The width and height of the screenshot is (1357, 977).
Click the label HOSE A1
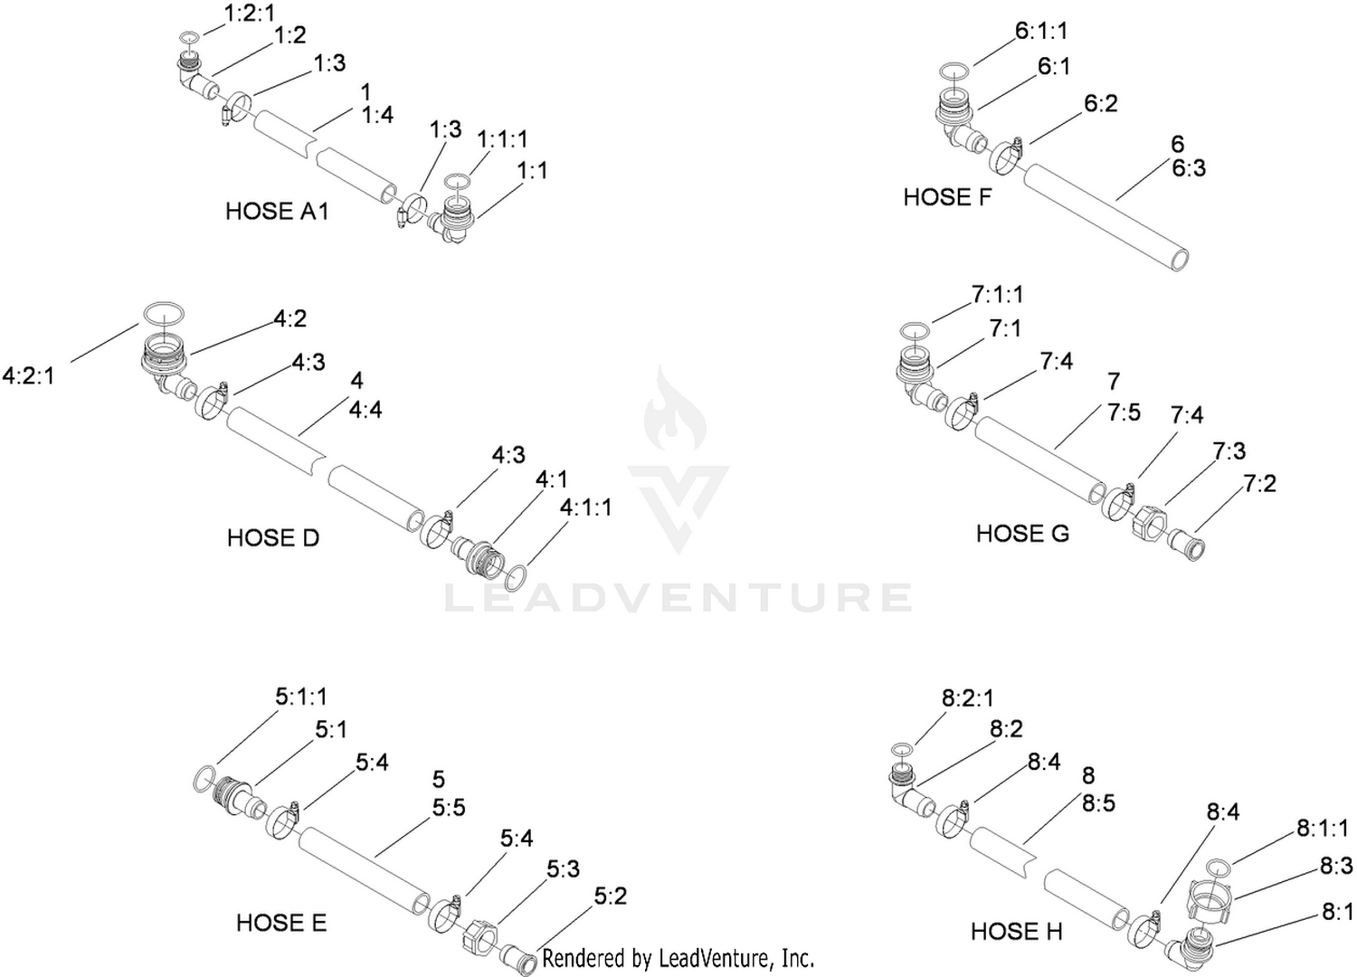tap(277, 212)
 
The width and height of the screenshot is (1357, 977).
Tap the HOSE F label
tap(947, 197)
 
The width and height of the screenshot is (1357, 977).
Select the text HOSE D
tap(272, 538)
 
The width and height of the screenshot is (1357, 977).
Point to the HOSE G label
tap(1022, 534)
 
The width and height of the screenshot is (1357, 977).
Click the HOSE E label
tap(281, 923)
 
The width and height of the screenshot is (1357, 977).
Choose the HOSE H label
tap(1017, 932)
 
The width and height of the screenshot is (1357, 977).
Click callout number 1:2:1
tap(250, 14)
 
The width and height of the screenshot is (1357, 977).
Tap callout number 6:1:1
tap(1041, 31)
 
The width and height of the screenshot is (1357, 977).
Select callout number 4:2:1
tap(28, 376)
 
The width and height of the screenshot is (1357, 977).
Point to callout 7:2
tap(1260, 483)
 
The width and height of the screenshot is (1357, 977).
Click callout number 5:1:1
tap(301, 697)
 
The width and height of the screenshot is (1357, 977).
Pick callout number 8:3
tap(1336, 867)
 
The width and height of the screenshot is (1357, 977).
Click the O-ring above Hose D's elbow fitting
tap(164, 313)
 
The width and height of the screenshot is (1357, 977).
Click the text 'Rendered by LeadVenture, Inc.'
tap(678, 959)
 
